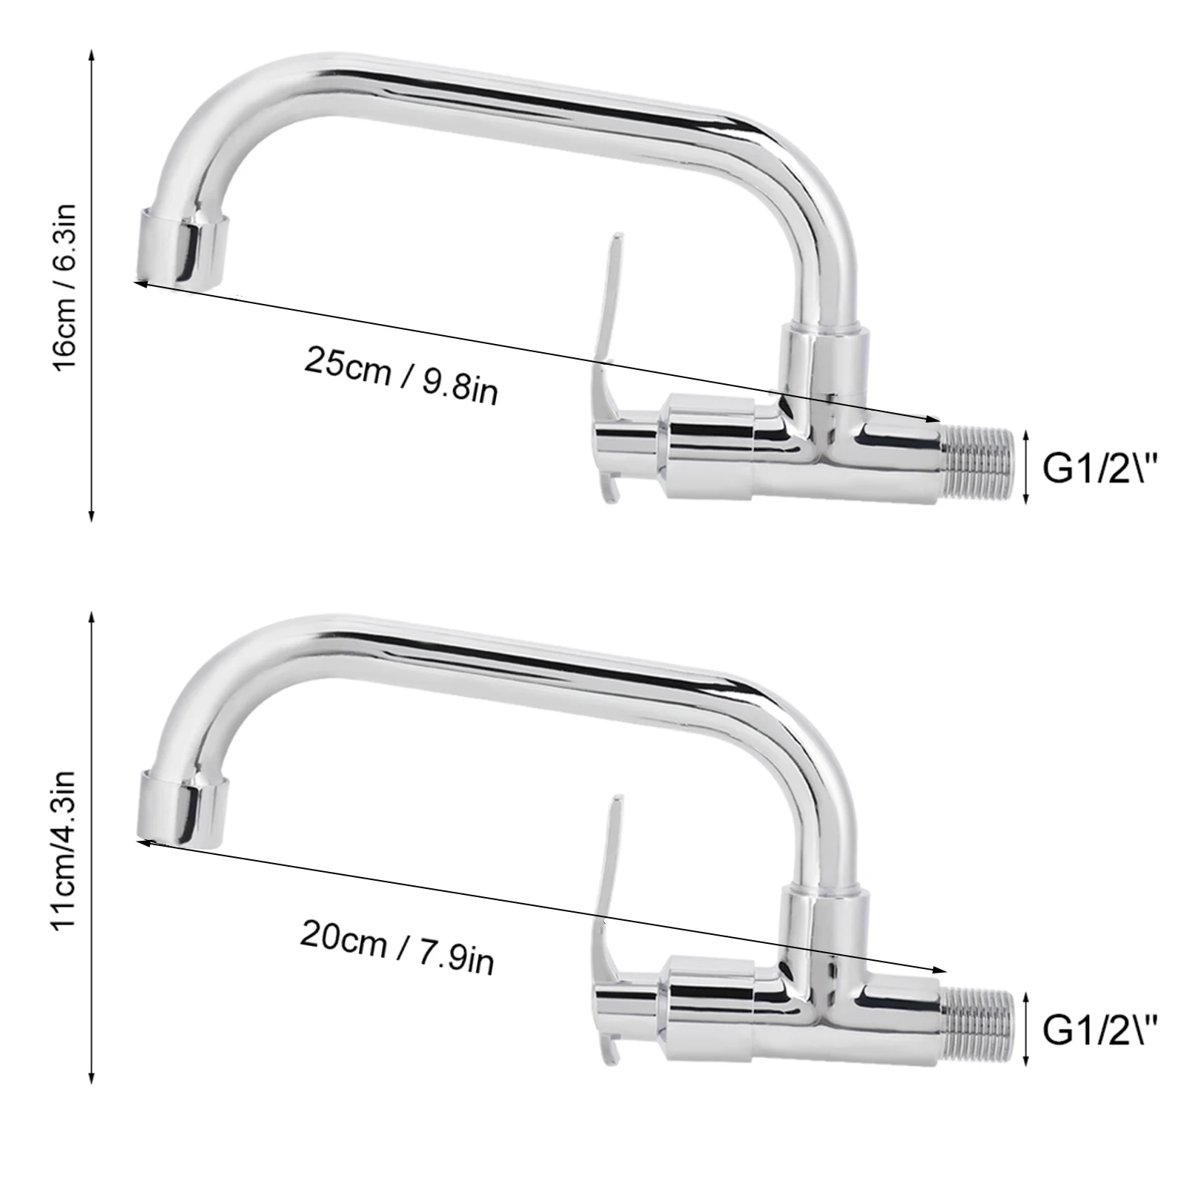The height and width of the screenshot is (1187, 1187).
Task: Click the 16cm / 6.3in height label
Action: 67,287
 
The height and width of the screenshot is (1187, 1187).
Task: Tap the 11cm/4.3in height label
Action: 67,848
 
